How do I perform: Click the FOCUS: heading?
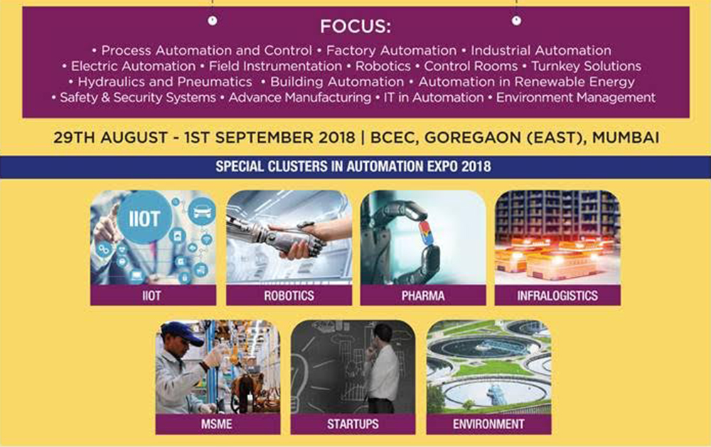tap(355, 26)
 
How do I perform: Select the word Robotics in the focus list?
tap(383, 66)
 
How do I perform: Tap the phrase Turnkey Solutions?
tap(586, 66)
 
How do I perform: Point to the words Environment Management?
tap(575, 97)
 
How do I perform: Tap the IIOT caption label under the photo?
tap(151, 296)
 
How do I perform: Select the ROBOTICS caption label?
tap(289, 296)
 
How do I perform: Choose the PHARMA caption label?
tap(422, 296)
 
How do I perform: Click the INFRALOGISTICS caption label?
tap(557, 296)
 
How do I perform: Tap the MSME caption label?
tap(217, 424)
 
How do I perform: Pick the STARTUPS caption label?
tap(353, 424)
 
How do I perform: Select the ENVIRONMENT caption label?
tap(488, 424)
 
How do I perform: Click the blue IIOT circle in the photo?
tap(144, 218)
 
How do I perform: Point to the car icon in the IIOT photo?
tap(202, 212)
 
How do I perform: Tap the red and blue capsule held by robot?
tap(425, 233)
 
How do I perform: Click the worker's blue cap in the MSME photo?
tap(183, 333)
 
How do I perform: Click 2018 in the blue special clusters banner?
tap(476, 166)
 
